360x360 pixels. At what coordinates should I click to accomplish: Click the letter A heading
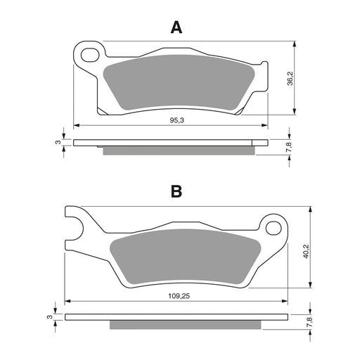click(x=176, y=27)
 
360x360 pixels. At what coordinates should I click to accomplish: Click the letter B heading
click(x=176, y=191)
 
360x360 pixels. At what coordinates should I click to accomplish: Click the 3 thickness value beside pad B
click(x=49, y=317)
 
